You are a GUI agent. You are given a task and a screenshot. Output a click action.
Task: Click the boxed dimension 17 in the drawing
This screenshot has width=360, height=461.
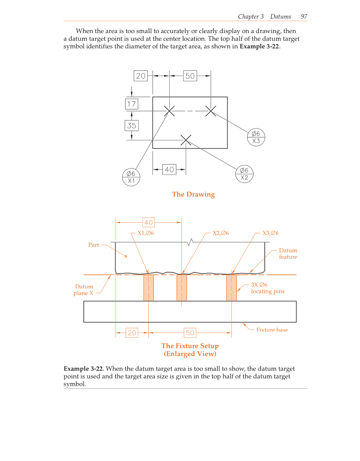(132, 103)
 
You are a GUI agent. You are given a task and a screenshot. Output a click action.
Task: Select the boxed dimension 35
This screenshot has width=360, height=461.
(132, 126)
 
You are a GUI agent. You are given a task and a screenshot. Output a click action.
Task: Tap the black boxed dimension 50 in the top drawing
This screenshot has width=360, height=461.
(190, 76)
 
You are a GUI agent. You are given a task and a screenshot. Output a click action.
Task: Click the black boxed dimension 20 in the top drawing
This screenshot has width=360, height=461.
(140, 76)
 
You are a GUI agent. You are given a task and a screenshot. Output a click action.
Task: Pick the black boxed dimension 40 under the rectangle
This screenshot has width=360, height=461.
(169, 170)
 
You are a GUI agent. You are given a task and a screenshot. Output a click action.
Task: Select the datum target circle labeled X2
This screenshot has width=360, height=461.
(244, 174)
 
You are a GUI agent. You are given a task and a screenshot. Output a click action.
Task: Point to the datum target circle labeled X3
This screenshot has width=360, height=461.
(256, 137)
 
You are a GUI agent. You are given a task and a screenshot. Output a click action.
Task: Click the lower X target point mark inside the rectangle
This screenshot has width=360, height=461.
(186, 140)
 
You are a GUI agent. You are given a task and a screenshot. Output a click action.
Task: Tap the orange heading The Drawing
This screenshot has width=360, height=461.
(193, 194)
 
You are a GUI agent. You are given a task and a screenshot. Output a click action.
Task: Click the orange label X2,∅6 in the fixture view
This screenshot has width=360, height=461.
(220, 233)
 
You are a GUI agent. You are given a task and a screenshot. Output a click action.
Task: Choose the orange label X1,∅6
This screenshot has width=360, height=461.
(145, 233)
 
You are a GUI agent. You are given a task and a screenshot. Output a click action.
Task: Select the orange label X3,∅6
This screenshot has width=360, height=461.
(270, 233)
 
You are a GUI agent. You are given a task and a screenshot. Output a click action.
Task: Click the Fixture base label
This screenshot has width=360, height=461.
(272, 330)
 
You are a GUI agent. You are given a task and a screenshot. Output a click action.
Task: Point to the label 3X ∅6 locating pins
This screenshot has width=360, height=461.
(268, 288)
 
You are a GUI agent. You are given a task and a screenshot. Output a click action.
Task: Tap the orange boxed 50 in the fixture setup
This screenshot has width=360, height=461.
(190, 333)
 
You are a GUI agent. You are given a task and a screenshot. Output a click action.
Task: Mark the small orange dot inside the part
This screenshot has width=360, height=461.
(126, 256)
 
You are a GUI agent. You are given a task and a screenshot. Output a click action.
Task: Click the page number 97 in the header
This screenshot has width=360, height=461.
(304, 17)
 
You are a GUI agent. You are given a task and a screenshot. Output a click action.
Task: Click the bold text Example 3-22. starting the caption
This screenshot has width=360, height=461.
(84, 369)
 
